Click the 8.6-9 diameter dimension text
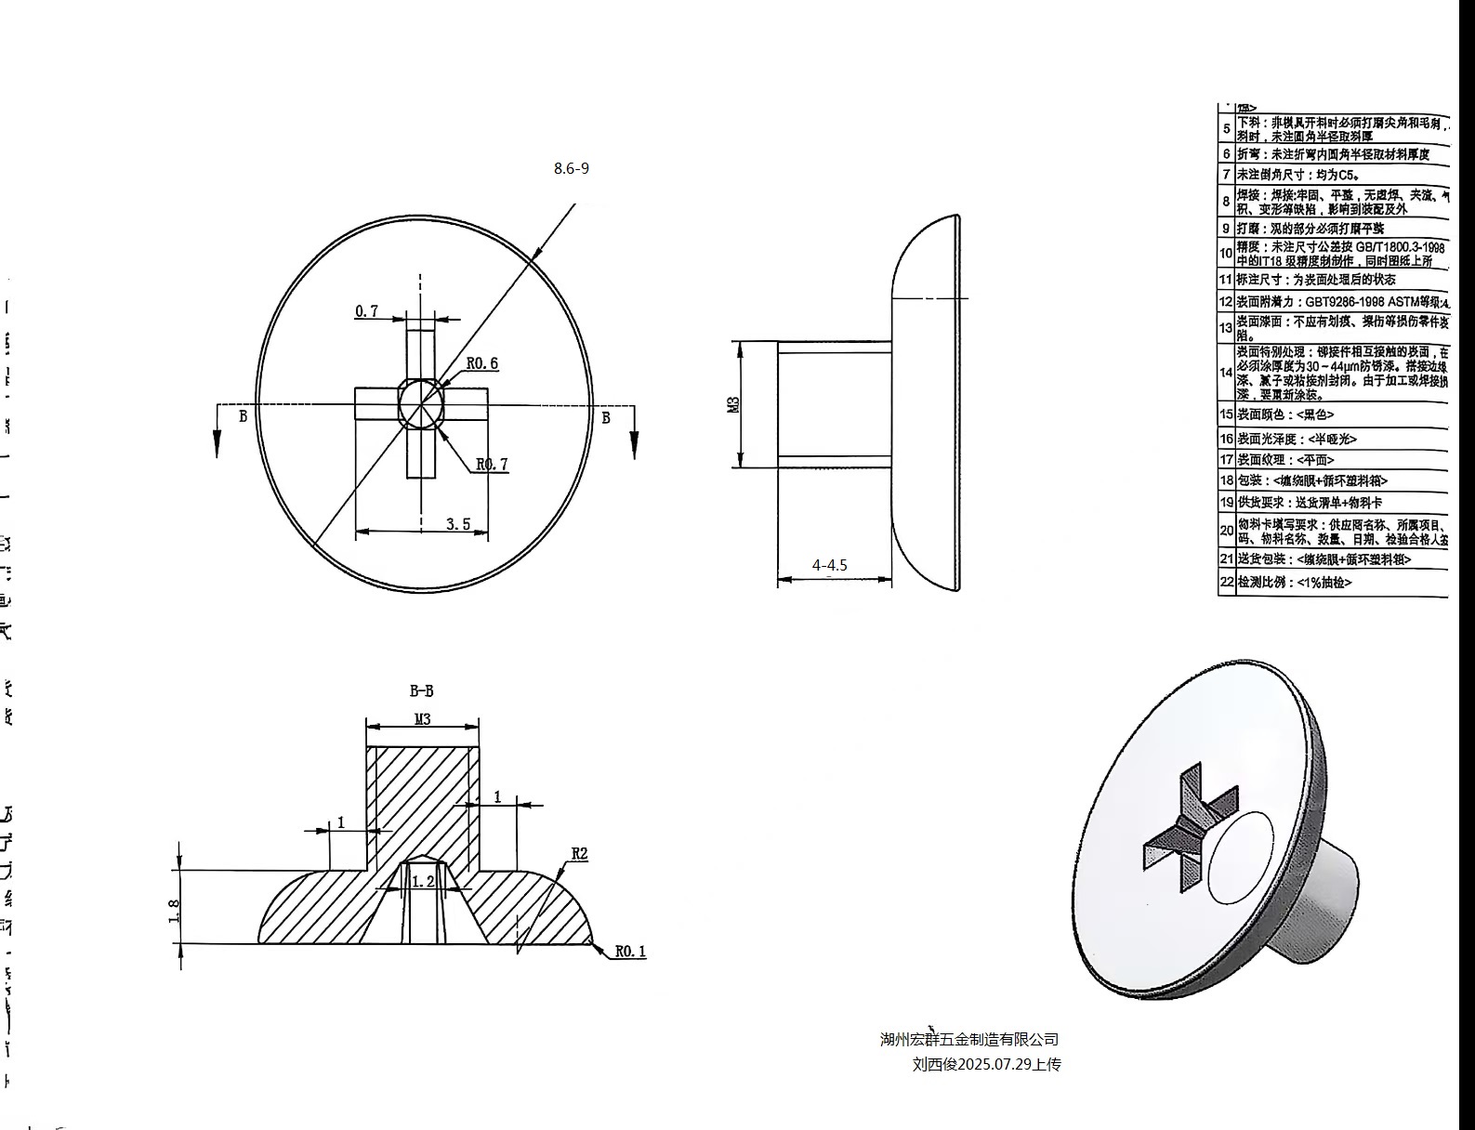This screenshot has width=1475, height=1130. pos(571,168)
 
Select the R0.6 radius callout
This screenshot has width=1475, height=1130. pos(481,363)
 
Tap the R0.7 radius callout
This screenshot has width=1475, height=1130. pos(492,465)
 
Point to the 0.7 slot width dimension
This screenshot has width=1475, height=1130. pos(366,311)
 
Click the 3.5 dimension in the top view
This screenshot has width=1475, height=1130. pos(457,524)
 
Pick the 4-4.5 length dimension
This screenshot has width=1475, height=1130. pos(829,565)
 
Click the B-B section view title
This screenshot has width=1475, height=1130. pos(421,691)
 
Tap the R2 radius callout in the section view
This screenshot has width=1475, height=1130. pos(579,854)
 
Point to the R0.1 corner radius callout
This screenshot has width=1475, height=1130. pos(629,952)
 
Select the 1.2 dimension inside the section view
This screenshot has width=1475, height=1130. pos(423,881)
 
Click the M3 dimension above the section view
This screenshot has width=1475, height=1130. pos(422,719)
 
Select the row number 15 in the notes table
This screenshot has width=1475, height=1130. pos(1226,414)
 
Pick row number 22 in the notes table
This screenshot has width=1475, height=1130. pos(1226,582)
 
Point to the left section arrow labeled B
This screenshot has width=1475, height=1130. pos(217,433)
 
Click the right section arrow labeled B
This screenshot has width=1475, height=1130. pos(635,433)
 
